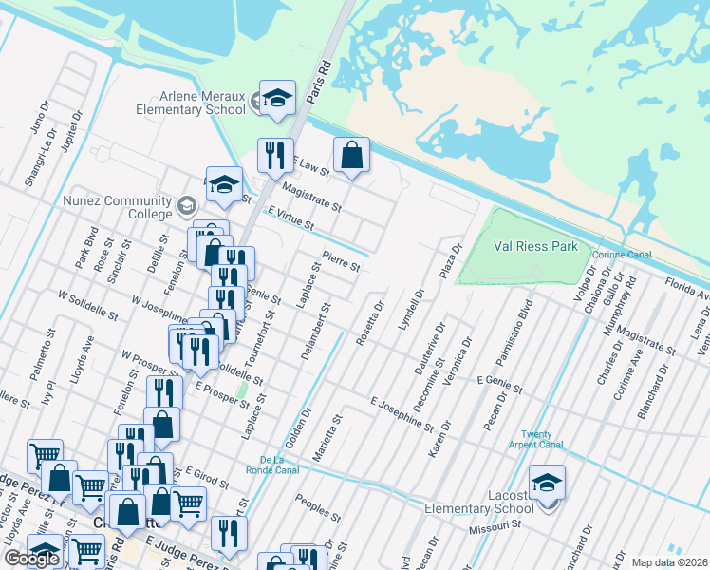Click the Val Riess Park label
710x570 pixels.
click(535, 246)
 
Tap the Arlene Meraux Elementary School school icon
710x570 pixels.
click(277, 100)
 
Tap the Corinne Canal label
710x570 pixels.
click(621, 255)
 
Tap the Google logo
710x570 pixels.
click(31, 559)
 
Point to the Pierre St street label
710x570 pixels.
click(341, 260)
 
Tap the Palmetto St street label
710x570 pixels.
click(47, 351)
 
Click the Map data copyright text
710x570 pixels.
click(668, 562)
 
